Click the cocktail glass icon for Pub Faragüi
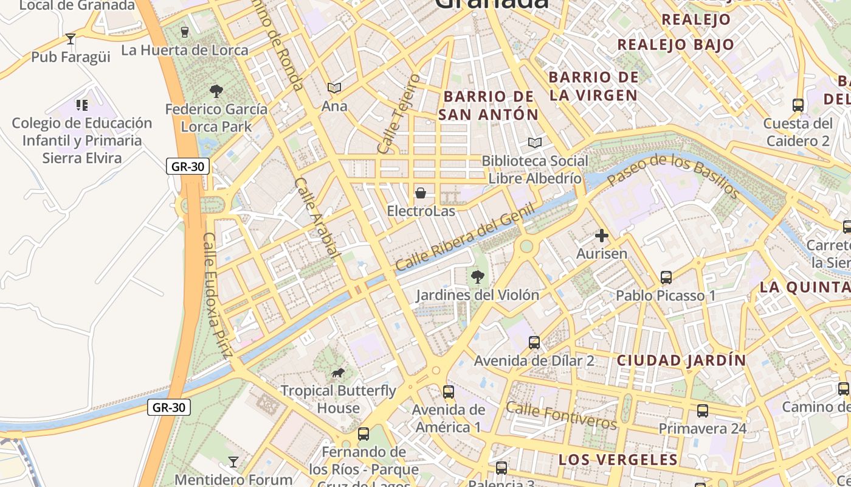pos(71,39)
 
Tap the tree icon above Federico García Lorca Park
pos(216,91)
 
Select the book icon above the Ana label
pos(334,88)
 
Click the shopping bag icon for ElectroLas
pos(420,194)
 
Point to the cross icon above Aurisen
pos(602,236)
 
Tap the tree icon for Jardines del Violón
pos(478,277)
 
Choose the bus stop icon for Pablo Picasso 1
pos(666,278)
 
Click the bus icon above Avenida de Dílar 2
pos(534,343)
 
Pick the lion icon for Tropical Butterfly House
pos(338,373)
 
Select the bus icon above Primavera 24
pos(703,411)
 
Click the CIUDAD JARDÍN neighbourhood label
pos(681,360)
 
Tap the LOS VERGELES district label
pos(618,460)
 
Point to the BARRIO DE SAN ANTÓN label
pos(489,105)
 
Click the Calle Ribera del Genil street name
pos(465,237)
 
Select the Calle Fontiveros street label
pos(561,415)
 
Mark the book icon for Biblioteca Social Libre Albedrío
pos(535,143)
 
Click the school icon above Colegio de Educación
pos(82,105)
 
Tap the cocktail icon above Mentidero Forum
pos(233,462)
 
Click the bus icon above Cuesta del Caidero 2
pos(798,105)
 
